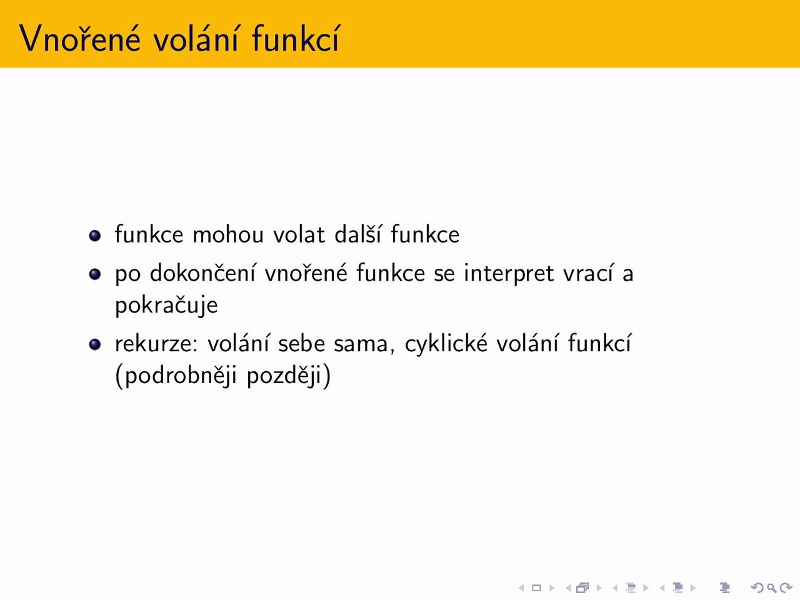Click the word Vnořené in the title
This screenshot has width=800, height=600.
[x=80, y=38]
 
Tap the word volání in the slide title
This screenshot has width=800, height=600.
[x=196, y=38]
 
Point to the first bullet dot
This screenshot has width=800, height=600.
[x=95, y=236]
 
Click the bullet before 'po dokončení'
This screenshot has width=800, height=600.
[x=95, y=274]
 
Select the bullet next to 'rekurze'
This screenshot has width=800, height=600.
[x=95, y=344]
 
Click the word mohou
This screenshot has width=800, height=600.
[x=227, y=234]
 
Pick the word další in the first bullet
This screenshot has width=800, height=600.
[x=358, y=234]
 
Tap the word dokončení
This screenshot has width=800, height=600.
[x=202, y=272]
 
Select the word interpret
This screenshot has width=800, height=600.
[x=509, y=274]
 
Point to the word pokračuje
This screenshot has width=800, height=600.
[x=166, y=305]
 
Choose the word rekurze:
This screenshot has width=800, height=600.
[x=157, y=344]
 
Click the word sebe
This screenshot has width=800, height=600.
[x=301, y=343]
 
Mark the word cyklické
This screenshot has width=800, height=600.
[x=446, y=343]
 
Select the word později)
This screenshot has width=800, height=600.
[x=289, y=376]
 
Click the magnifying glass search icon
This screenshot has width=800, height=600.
[x=772, y=588]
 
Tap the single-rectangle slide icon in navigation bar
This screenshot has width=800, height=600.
[x=536, y=587]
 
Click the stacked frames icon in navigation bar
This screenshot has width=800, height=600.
[x=582, y=587]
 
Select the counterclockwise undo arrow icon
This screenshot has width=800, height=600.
[x=757, y=587]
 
